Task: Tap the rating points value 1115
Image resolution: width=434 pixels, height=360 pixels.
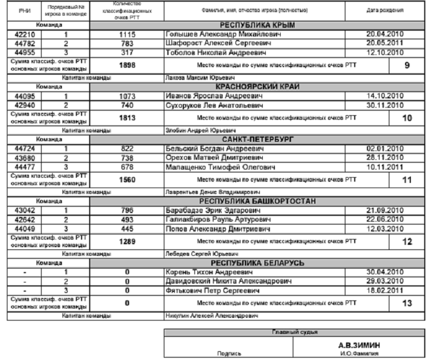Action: pyautogui.click(x=127, y=35)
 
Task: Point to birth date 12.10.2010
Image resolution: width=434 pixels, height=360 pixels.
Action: pyautogui.click(x=385, y=52)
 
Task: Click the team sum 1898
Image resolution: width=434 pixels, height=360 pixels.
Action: pyautogui.click(x=127, y=65)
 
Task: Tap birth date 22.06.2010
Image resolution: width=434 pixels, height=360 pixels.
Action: pyautogui.click(x=385, y=219)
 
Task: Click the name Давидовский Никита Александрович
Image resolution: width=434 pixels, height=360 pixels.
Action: pyautogui.click(x=225, y=281)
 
